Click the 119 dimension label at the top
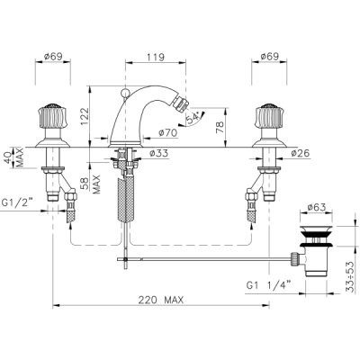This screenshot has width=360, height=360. tap(156, 58)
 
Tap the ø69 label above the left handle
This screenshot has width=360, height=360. tap(53, 57)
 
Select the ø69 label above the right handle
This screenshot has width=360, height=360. tap(269, 57)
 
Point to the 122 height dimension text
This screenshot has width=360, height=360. tap(85, 118)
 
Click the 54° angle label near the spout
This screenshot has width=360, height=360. tap(193, 117)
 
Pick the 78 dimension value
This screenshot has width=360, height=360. tap(220, 127)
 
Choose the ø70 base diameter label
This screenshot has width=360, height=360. tap(167, 132)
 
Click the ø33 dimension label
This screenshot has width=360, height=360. tap(158, 153)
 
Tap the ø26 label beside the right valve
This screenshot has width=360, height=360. tap(300, 153)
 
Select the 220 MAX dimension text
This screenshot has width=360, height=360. tap(161, 300)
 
